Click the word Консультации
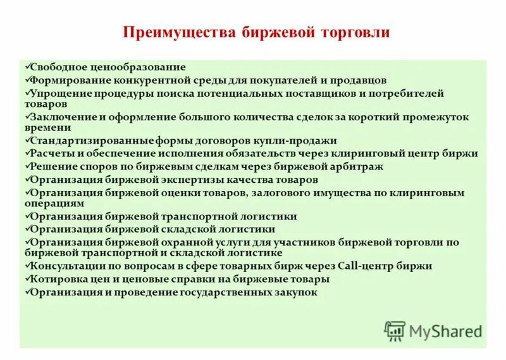(66, 266)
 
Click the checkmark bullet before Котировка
(25, 278)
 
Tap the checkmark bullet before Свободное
(25, 66)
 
